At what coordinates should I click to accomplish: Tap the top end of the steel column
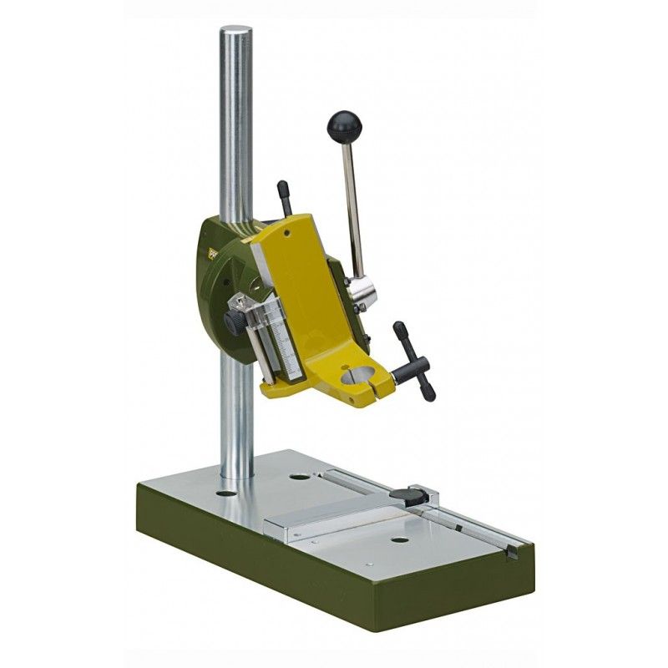tap(236, 33)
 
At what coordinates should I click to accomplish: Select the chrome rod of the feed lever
tap(353, 209)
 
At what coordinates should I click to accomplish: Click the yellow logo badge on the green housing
tap(212, 245)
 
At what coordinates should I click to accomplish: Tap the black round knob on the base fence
tap(415, 495)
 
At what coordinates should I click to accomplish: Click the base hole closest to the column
tap(225, 493)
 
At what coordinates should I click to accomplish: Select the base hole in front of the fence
tap(400, 540)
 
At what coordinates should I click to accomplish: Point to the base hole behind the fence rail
tap(298, 479)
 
